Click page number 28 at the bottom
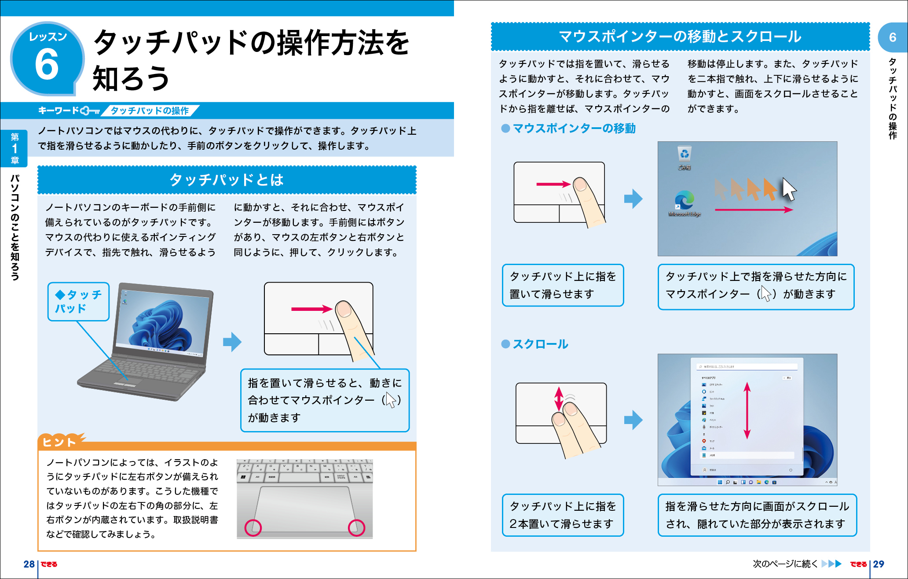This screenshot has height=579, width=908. [x=29, y=564]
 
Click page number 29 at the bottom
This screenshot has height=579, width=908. [x=879, y=564]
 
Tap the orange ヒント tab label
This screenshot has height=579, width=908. [x=59, y=442]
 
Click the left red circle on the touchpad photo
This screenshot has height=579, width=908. [x=253, y=527]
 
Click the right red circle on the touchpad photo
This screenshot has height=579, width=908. [x=356, y=527]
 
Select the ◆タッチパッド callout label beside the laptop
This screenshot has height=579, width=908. [x=78, y=302]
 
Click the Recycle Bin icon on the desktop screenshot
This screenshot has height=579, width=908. [x=685, y=155]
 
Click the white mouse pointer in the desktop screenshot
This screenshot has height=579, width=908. [x=789, y=189]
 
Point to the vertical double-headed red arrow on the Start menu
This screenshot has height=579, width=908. [x=747, y=410]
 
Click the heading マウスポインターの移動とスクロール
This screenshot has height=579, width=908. [x=680, y=37]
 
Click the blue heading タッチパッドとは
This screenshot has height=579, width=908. [x=227, y=180]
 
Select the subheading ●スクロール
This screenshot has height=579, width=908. [x=535, y=344]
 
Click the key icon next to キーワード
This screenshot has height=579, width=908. [x=91, y=111]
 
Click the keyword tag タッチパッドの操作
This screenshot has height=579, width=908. [x=150, y=111]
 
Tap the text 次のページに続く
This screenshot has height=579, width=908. [x=785, y=564]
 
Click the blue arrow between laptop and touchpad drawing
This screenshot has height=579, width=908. [x=232, y=341]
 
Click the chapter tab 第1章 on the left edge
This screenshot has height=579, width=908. [x=15, y=148]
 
